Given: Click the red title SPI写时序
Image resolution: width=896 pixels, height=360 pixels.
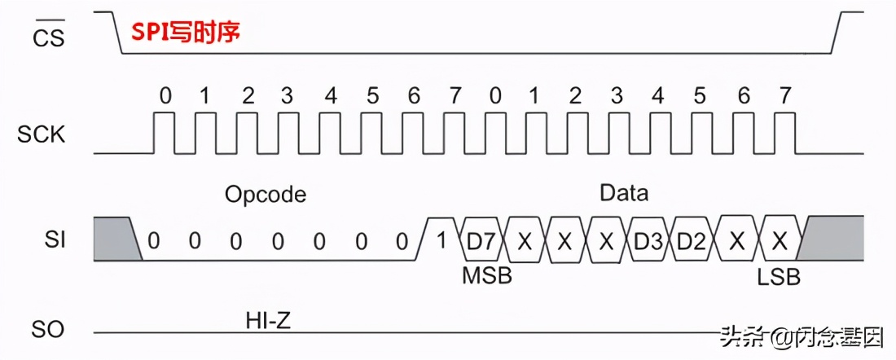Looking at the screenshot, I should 186,33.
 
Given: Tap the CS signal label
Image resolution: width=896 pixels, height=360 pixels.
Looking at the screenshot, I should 47,37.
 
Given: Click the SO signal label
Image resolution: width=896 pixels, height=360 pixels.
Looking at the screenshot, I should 47,330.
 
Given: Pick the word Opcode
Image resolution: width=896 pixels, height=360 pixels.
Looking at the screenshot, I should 266,195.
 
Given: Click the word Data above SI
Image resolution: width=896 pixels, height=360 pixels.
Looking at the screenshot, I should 624,193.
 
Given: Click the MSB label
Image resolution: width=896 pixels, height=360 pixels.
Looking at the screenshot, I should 487,275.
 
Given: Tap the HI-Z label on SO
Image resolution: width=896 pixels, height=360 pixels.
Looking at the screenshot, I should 268,320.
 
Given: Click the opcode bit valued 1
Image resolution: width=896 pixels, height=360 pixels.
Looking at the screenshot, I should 442,241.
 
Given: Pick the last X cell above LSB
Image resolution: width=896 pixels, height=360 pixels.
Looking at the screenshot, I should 779,241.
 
